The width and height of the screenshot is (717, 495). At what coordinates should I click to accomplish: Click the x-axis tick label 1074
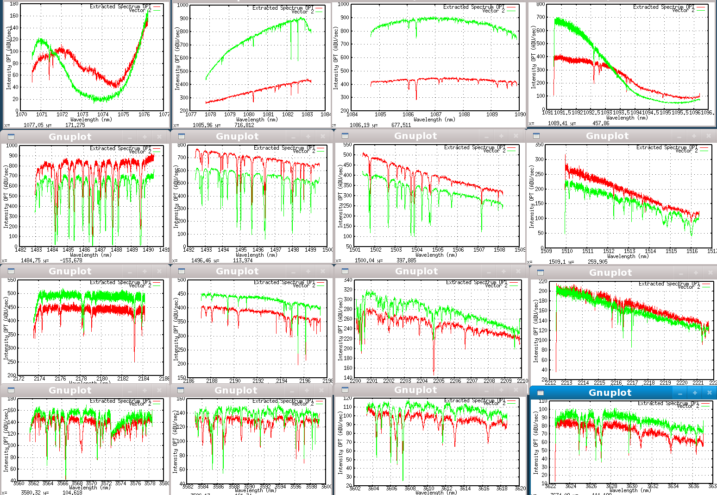click(x=103, y=114)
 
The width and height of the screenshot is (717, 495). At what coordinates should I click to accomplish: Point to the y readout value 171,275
click(x=75, y=125)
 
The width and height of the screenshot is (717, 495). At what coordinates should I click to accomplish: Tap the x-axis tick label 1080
click(x=249, y=114)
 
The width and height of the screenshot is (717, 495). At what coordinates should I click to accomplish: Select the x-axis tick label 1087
click(x=436, y=114)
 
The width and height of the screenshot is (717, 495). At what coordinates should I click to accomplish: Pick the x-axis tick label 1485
click(x=68, y=250)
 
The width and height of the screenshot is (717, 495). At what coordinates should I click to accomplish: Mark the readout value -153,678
click(x=71, y=260)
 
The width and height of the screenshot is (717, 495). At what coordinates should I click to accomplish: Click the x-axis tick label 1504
click(x=417, y=250)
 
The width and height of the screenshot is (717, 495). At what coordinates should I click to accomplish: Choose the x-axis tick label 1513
click(x=629, y=251)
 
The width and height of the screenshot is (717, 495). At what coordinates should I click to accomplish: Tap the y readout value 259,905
click(x=597, y=262)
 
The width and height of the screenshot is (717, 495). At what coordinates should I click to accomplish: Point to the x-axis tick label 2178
click(x=81, y=379)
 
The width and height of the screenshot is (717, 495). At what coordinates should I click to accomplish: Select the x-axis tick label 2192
click(x=258, y=381)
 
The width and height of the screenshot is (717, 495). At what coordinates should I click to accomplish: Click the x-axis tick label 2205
click(x=439, y=381)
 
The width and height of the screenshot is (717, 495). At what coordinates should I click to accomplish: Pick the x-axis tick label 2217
click(x=633, y=383)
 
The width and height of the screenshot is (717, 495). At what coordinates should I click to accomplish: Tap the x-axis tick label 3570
click(x=91, y=483)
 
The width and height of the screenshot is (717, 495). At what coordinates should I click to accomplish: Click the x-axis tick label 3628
click(x=611, y=486)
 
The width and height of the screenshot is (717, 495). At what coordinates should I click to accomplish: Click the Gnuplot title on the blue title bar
click(x=610, y=393)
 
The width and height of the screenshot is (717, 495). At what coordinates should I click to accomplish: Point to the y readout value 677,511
click(x=401, y=125)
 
